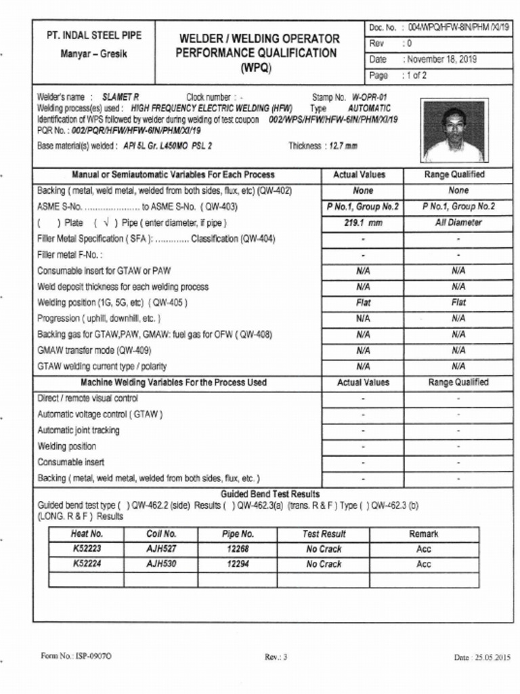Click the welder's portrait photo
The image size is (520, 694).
click(x=453, y=131)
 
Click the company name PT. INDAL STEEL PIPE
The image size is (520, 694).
click(x=93, y=35)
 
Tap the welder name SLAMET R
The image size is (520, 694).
click(x=121, y=98)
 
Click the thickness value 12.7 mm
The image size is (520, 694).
click(x=343, y=146)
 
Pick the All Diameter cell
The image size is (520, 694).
click(x=458, y=223)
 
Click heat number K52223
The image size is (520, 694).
click(x=87, y=549)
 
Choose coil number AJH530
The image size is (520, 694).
click(x=161, y=564)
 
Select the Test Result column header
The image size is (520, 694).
click(x=324, y=534)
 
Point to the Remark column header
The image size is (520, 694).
click(x=423, y=534)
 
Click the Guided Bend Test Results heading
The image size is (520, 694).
click(x=270, y=494)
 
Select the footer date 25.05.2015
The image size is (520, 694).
click(x=482, y=657)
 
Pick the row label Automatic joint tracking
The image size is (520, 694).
click(x=79, y=430)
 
